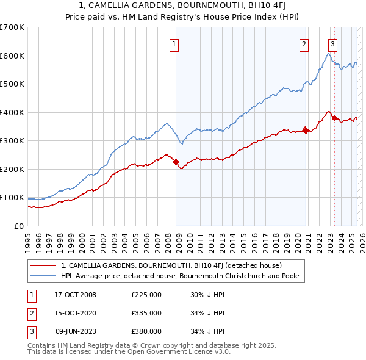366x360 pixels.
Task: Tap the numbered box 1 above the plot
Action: click(174, 43)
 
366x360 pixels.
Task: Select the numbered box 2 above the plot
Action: click(304, 43)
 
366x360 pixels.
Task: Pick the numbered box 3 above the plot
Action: click(332, 43)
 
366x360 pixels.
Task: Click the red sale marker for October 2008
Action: click(176, 162)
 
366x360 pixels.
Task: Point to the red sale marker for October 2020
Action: click(306, 129)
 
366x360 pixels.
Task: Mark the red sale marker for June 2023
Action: click(334, 118)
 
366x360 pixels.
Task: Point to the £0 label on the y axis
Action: click(20, 226)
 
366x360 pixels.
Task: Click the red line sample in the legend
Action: click(43, 266)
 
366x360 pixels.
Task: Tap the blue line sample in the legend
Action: click(43, 276)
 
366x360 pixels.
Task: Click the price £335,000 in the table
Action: click(146, 313)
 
